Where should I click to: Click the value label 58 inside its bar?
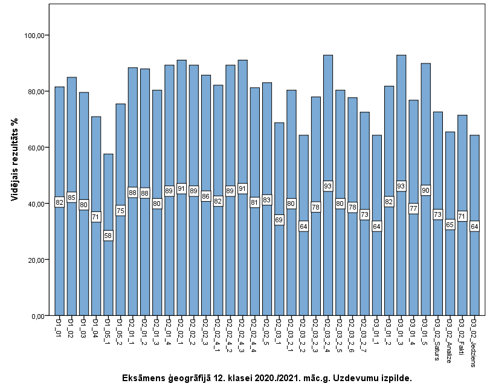tap(108, 236)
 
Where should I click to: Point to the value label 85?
tap(72, 197)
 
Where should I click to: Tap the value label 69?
tap(279, 220)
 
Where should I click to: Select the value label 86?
tap(206, 196)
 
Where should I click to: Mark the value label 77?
tap(413, 208)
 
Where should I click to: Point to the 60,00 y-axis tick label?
tap(38, 148)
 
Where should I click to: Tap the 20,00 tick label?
tap(38, 260)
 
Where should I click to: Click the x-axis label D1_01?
tap(59, 325)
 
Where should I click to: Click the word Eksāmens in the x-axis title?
tap(143, 378)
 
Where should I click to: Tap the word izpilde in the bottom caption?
tap(396, 378)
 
